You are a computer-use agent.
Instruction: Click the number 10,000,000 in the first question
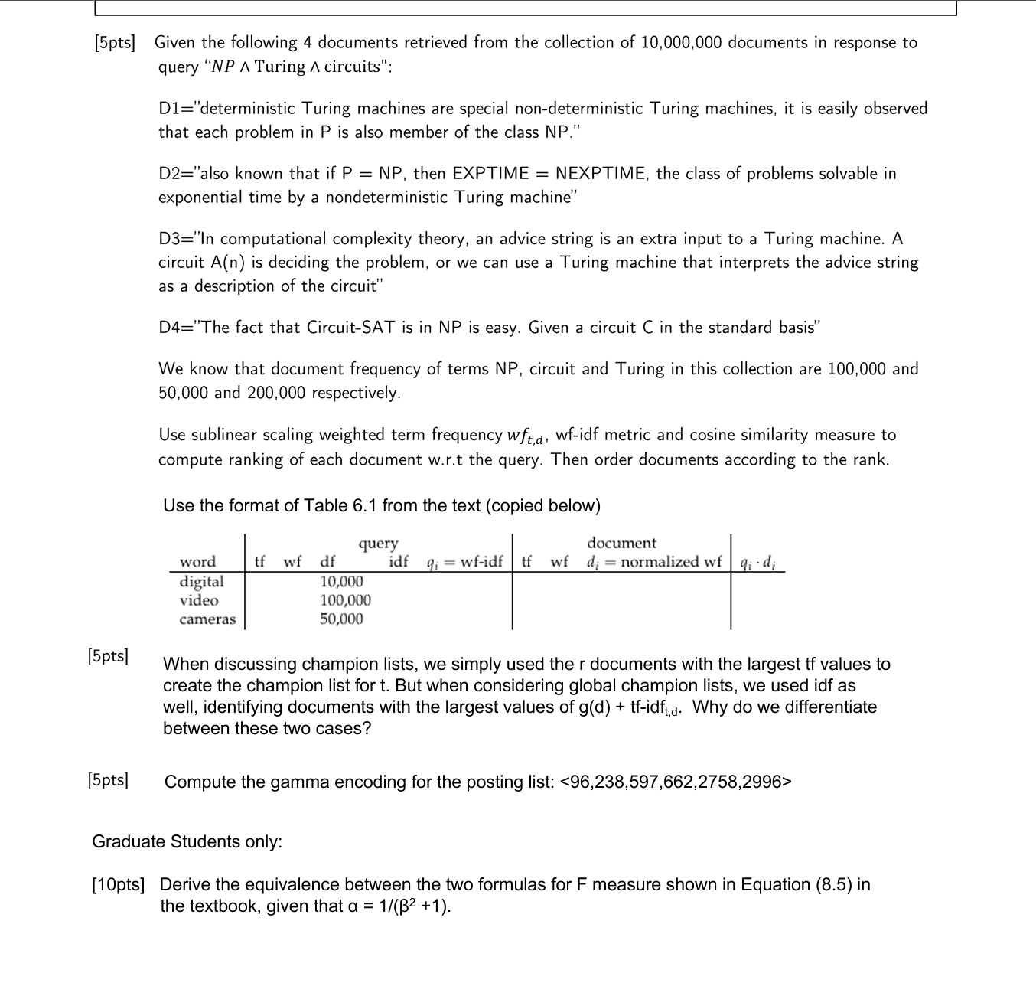[x=681, y=42]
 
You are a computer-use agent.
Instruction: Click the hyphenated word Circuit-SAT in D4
[x=350, y=328]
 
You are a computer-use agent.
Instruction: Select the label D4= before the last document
[x=178, y=328]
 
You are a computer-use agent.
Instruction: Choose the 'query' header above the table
[x=378, y=544]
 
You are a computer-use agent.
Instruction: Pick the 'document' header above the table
[x=621, y=543]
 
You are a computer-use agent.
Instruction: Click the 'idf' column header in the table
[x=399, y=562]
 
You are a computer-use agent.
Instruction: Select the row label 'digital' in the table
[x=201, y=582]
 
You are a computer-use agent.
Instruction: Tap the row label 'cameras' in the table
[x=207, y=619]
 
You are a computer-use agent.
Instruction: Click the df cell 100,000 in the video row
[x=345, y=601]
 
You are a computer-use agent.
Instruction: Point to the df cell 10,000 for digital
[x=341, y=582]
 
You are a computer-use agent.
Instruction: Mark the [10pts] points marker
[x=118, y=885]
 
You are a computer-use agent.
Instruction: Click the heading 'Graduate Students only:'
[x=187, y=841]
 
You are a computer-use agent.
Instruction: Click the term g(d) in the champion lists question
[x=594, y=707]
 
